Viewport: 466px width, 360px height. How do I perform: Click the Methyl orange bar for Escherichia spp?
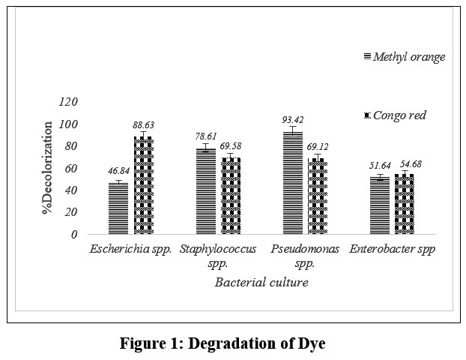118,208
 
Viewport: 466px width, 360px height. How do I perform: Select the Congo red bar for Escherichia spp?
142,184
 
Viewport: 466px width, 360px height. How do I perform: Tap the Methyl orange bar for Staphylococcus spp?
205,190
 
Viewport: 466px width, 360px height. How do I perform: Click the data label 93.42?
292,120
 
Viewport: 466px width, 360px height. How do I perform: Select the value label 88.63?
142,125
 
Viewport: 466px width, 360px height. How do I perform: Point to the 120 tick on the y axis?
67,101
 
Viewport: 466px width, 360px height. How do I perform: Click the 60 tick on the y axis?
70,167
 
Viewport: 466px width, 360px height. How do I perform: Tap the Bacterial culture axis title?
261,282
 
